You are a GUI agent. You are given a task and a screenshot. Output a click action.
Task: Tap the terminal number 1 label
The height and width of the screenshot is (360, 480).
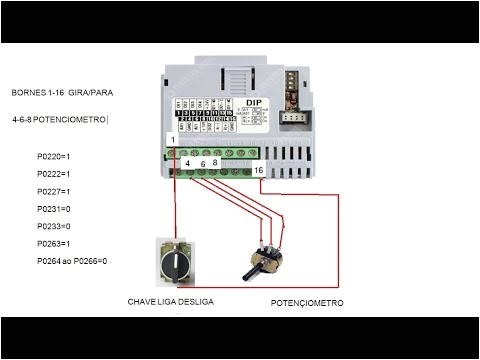coord(173,141)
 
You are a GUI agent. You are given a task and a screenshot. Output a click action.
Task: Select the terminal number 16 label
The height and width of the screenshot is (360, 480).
coord(259,171)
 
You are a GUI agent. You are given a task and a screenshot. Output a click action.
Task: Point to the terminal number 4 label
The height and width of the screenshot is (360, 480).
coord(188,162)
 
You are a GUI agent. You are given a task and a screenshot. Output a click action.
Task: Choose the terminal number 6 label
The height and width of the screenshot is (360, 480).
coord(202,162)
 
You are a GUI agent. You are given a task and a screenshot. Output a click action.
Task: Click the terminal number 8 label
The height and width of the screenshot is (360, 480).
coord(215,162)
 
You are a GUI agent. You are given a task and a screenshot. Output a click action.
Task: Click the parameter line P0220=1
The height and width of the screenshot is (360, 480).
coord(53,157)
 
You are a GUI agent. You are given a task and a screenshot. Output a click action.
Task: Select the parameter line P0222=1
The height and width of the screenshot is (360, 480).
coord(53,174)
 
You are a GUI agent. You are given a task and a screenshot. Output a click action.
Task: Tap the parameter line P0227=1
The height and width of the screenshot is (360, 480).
coord(53,191)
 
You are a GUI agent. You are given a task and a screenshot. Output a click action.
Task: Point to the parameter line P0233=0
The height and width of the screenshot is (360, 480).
coord(53,226)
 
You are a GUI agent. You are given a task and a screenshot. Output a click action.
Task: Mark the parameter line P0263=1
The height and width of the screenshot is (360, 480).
coord(53,243)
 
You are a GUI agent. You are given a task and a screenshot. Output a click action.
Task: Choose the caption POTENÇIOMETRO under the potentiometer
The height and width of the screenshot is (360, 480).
coord(308,302)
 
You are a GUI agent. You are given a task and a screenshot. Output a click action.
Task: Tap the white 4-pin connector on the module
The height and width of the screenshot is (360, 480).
coord(294,117)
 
